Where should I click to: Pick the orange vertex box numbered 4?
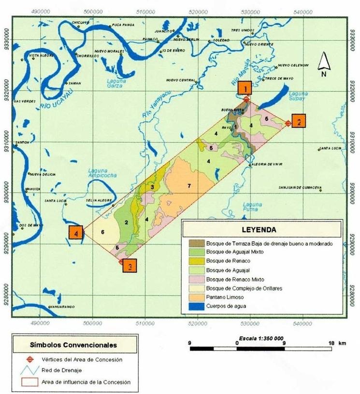pyautogui.click(x=76, y=232)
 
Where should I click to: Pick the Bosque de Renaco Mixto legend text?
pyautogui.click(x=236, y=280)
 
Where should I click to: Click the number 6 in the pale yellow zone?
pyautogui.click(x=103, y=232)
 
